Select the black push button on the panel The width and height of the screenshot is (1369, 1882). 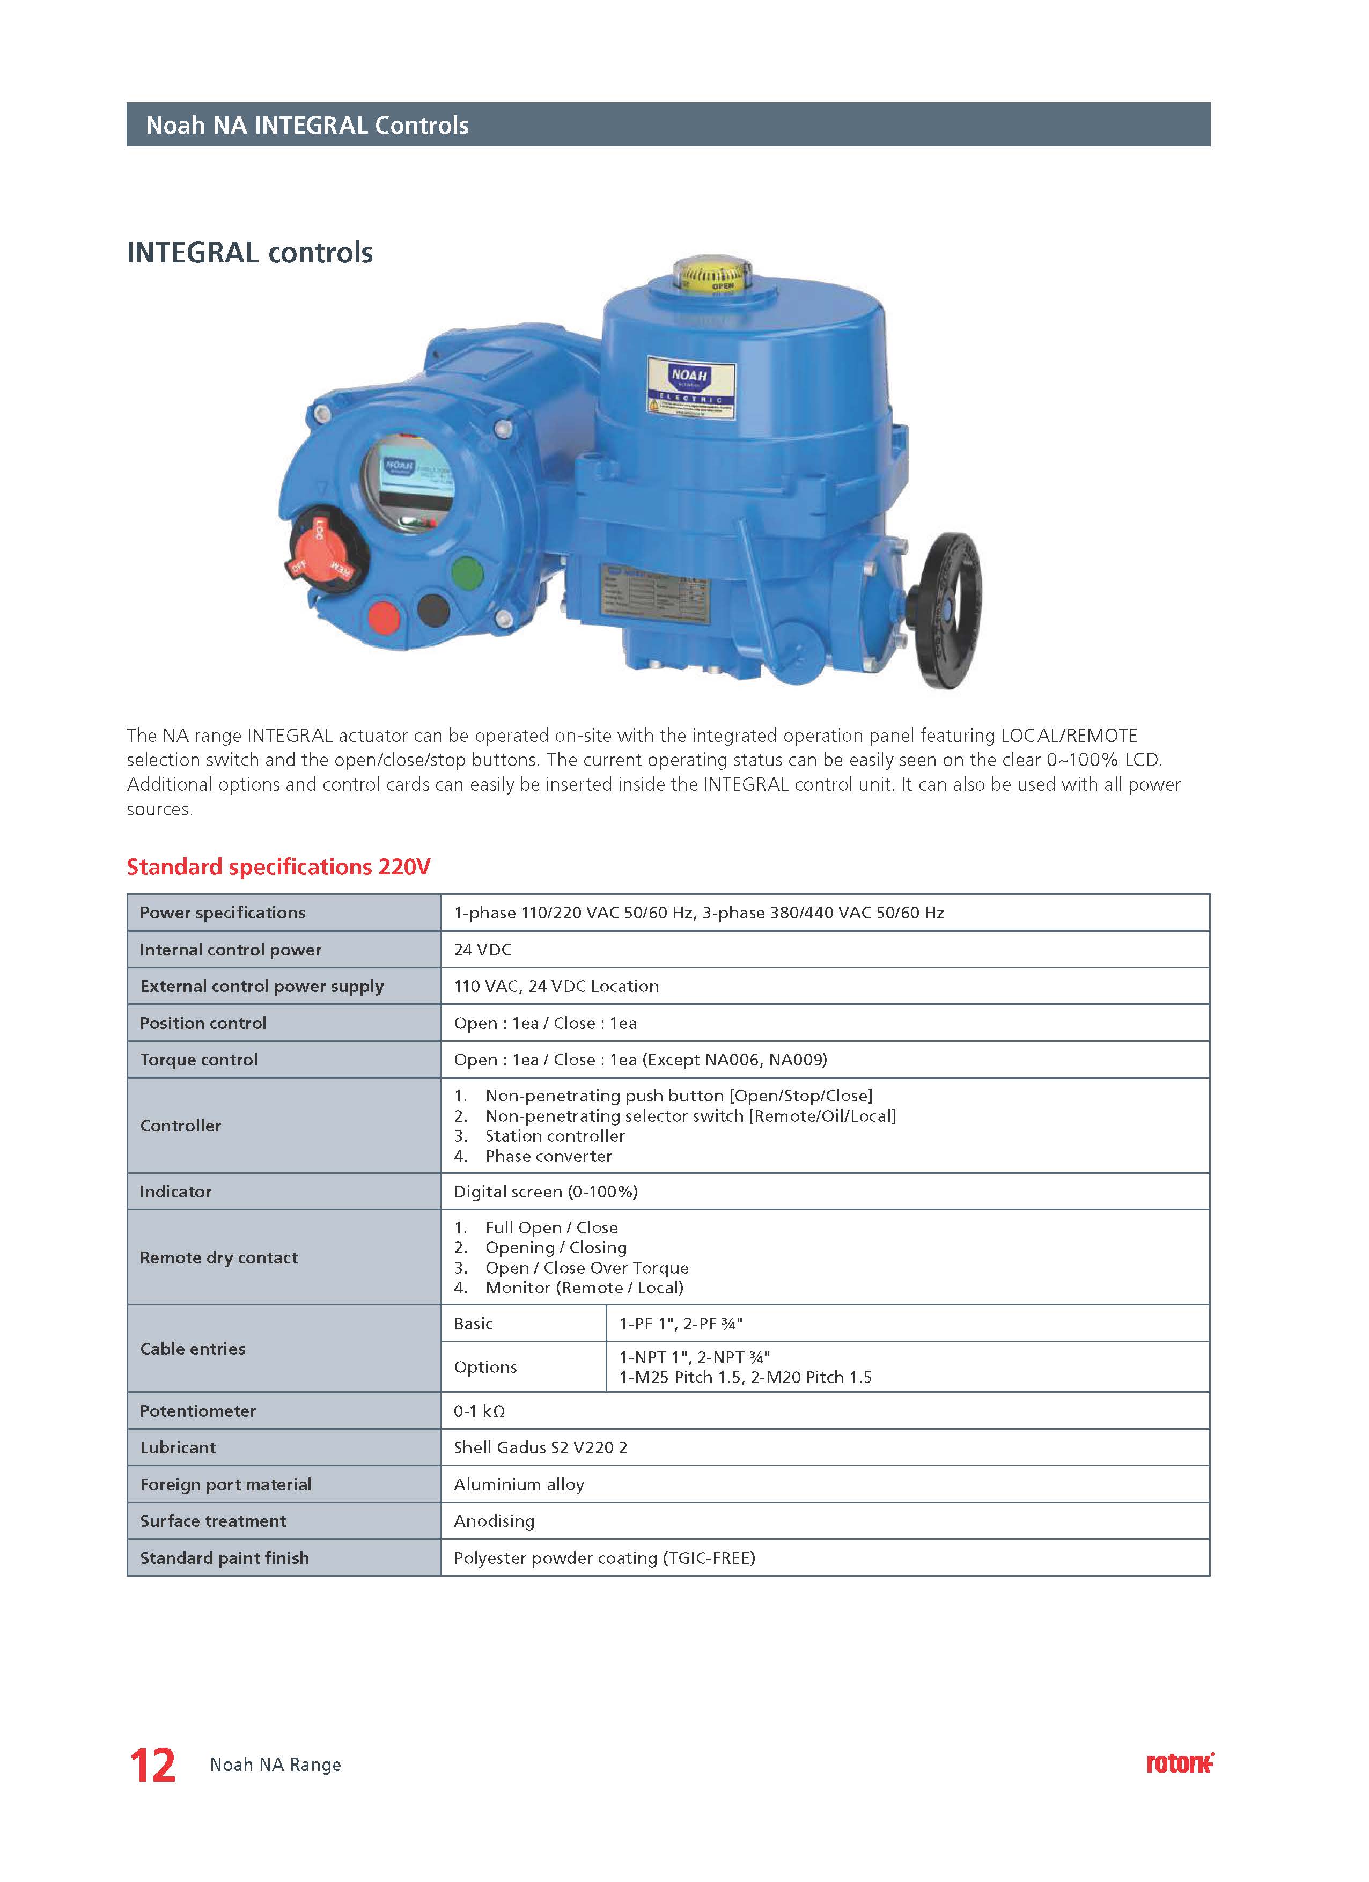click(433, 610)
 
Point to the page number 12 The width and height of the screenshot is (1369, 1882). click(153, 1766)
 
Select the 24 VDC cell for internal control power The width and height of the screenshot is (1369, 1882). click(483, 949)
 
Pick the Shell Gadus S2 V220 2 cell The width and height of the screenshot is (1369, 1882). click(540, 1447)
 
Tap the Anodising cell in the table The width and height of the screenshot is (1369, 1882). click(494, 1521)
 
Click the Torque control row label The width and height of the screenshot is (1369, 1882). click(199, 1060)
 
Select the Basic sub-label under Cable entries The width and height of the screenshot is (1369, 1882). click(473, 1324)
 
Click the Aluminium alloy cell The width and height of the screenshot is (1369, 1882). click(519, 1484)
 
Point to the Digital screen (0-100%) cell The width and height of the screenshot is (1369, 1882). click(545, 1192)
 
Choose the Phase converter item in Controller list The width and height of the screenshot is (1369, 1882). click(548, 1156)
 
